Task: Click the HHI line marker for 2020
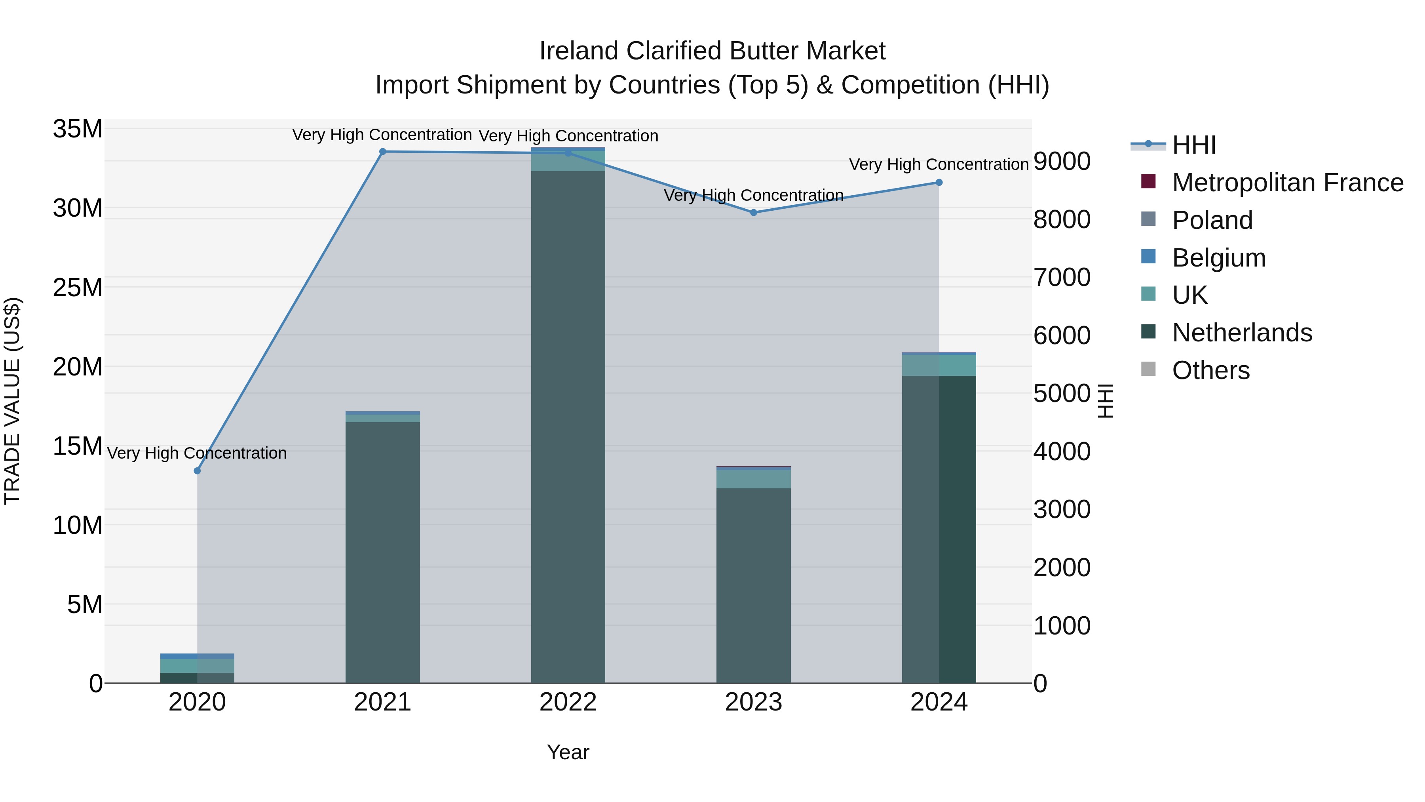[x=197, y=471]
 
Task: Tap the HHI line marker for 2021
[x=382, y=152]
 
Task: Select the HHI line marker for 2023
[x=753, y=213]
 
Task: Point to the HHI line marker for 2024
[x=939, y=183]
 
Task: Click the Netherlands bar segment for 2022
[x=568, y=426]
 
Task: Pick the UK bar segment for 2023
[x=753, y=479]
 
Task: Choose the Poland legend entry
[x=1212, y=220]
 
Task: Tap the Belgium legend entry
[x=1218, y=258]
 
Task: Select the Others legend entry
[x=1210, y=370]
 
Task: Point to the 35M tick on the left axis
[x=78, y=129]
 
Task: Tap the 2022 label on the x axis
[x=568, y=702]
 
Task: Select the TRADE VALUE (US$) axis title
[x=12, y=401]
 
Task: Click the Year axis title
[x=568, y=752]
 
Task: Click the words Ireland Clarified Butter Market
[x=712, y=51]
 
